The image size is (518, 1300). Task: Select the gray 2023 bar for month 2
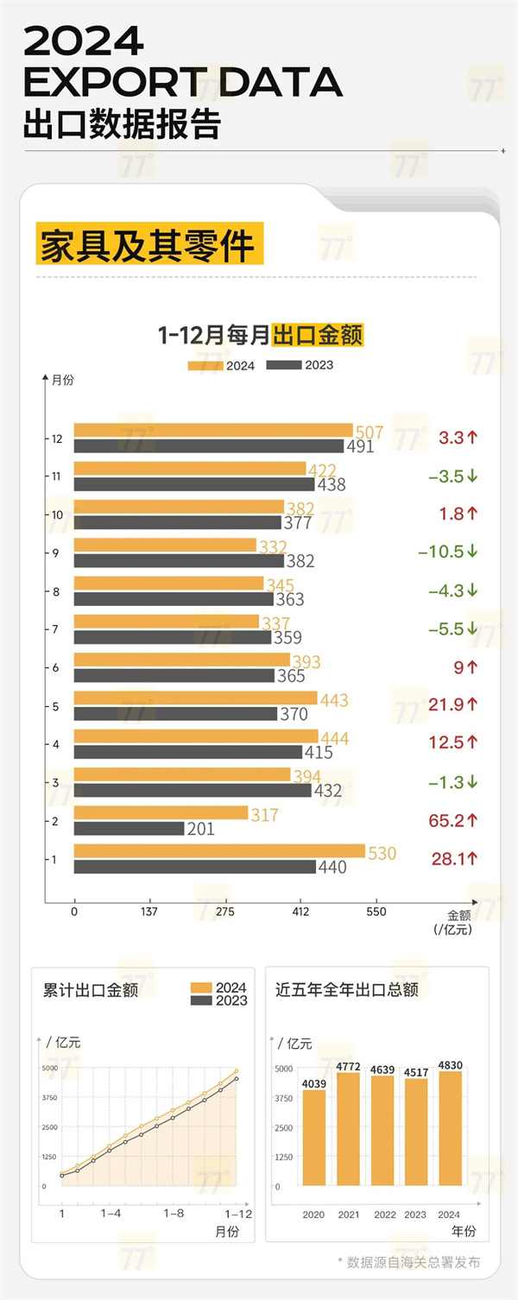(x=129, y=829)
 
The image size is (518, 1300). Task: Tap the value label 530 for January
(x=382, y=854)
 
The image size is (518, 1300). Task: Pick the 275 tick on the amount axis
(x=225, y=912)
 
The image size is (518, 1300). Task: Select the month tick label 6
(x=55, y=668)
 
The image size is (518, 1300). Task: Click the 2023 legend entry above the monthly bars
(x=300, y=365)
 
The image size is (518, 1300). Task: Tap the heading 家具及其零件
(x=148, y=245)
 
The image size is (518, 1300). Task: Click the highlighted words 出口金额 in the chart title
(x=317, y=335)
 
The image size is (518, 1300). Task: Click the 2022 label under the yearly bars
(x=385, y=1215)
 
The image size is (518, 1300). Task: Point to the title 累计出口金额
(x=91, y=989)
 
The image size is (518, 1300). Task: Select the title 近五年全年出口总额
(x=346, y=989)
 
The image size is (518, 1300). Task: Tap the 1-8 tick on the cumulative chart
(x=174, y=1213)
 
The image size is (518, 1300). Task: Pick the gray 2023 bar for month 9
(x=179, y=560)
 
